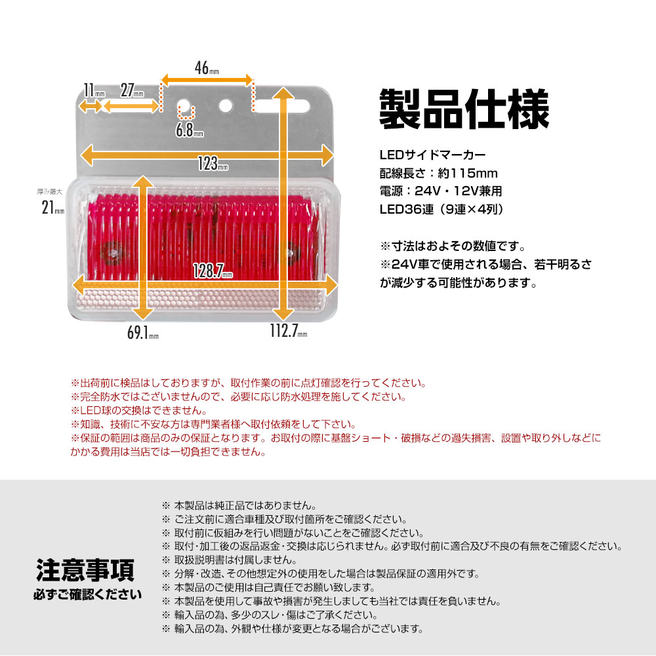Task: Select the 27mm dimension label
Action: [132, 90]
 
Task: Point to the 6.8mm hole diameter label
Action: [189, 131]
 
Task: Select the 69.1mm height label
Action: [142, 333]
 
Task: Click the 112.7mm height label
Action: [288, 332]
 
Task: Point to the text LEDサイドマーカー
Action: [432, 156]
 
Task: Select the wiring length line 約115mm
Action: [438, 174]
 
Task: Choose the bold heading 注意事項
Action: [85, 569]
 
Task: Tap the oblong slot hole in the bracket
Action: [283, 106]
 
